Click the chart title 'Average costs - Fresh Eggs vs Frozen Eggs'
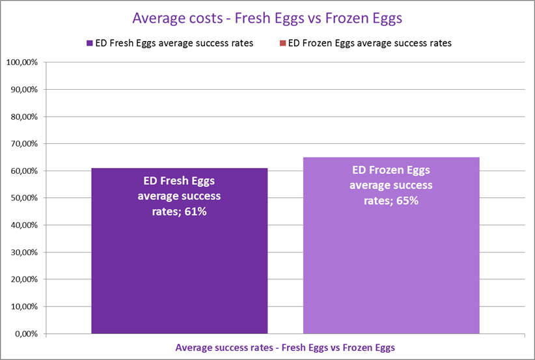[267, 18]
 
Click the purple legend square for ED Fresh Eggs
[89, 44]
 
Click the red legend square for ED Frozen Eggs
[282, 44]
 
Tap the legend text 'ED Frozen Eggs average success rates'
[369, 44]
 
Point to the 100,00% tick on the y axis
[23, 62]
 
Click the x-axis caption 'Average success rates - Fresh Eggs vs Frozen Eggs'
[284, 347]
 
